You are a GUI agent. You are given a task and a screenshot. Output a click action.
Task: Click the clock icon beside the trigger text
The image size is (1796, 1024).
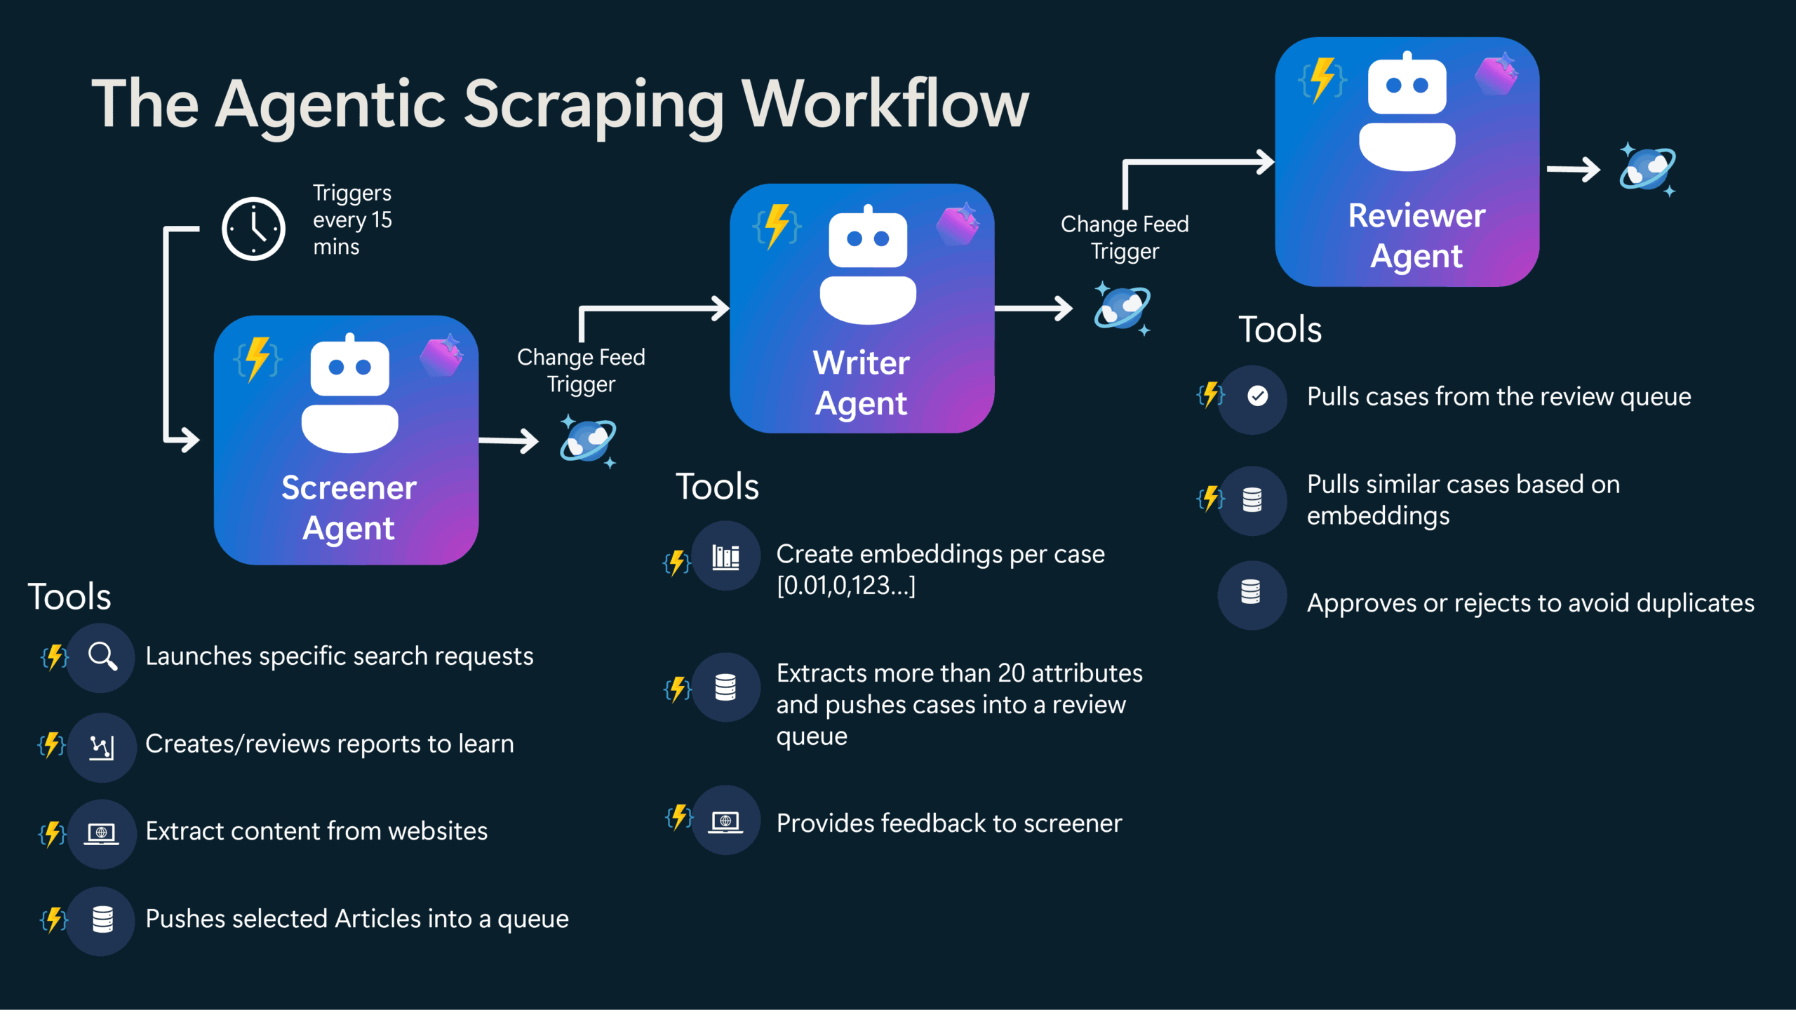pos(253,229)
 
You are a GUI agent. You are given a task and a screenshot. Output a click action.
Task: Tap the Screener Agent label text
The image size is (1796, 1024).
pos(349,507)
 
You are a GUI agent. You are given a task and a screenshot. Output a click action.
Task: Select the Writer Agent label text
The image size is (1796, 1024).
pos(861,382)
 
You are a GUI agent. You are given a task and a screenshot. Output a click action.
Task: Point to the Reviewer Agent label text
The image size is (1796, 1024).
pos(1416,235)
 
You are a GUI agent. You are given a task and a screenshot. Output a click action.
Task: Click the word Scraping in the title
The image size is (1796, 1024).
pos(594,105)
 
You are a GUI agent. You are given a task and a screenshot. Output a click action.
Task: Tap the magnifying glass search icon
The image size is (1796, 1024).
pos(102,657)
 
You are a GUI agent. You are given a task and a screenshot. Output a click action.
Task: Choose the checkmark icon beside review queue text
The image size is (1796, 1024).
pos(1257,396)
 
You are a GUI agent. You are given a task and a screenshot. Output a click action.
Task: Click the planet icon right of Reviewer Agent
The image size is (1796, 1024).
pos(1647,170)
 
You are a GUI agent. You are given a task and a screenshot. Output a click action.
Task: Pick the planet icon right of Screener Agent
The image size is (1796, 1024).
pos(587,441)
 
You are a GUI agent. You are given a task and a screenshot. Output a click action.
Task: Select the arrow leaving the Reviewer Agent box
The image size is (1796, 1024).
pos(1573,170)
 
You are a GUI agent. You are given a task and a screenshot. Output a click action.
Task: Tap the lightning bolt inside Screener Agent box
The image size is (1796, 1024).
pos(257,358)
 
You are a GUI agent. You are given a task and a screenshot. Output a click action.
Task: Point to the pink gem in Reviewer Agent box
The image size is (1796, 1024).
pos(1496,74)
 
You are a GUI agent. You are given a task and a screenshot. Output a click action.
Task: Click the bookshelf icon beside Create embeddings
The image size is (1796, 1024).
pos(725,557)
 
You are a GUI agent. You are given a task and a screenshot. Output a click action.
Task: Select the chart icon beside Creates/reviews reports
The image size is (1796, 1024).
pos(102,747)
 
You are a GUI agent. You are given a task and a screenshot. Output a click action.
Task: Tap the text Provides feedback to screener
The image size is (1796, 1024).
pos(949,823)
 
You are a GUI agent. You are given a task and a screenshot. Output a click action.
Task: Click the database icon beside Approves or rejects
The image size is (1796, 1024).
pos(1251,592)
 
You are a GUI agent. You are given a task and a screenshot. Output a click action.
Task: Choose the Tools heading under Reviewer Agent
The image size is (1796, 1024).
pos(1280,329)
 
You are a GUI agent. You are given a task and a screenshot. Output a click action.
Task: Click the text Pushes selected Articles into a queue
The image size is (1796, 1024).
pos(356,919)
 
